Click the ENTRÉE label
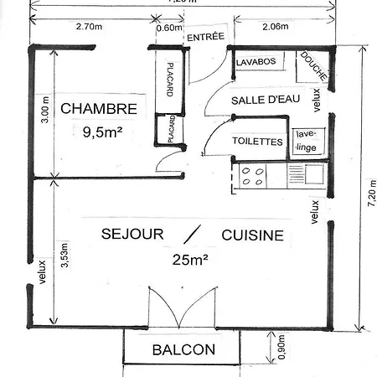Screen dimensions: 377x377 click(205, 38)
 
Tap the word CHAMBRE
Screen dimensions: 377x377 click(99, 108)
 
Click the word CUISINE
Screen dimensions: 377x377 click(252, 235)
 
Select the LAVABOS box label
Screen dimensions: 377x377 click(256, 63)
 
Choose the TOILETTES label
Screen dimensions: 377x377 click(257, 142)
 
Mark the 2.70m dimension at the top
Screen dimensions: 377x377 click(89, 27)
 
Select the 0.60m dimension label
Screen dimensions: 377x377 click(168, 27)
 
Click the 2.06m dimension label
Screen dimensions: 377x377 click(274, 27)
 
